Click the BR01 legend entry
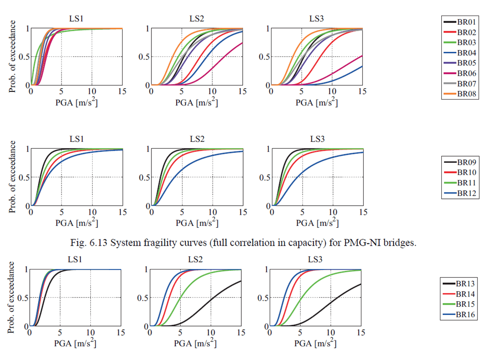(461, 22)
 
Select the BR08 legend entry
(461, 94)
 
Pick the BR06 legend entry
(461, 73)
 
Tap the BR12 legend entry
(461, 193)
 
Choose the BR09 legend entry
(461, 162)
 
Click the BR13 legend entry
(461, 283)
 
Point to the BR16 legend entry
(461, 315)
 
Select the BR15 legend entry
(461, 304)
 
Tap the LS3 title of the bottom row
(317, 260)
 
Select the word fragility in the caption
(183, 243)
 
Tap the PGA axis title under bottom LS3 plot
(316, 343)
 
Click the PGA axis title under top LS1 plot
(76, 102)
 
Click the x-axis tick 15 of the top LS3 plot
(362, 91)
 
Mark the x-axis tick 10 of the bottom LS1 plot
(91, 332)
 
